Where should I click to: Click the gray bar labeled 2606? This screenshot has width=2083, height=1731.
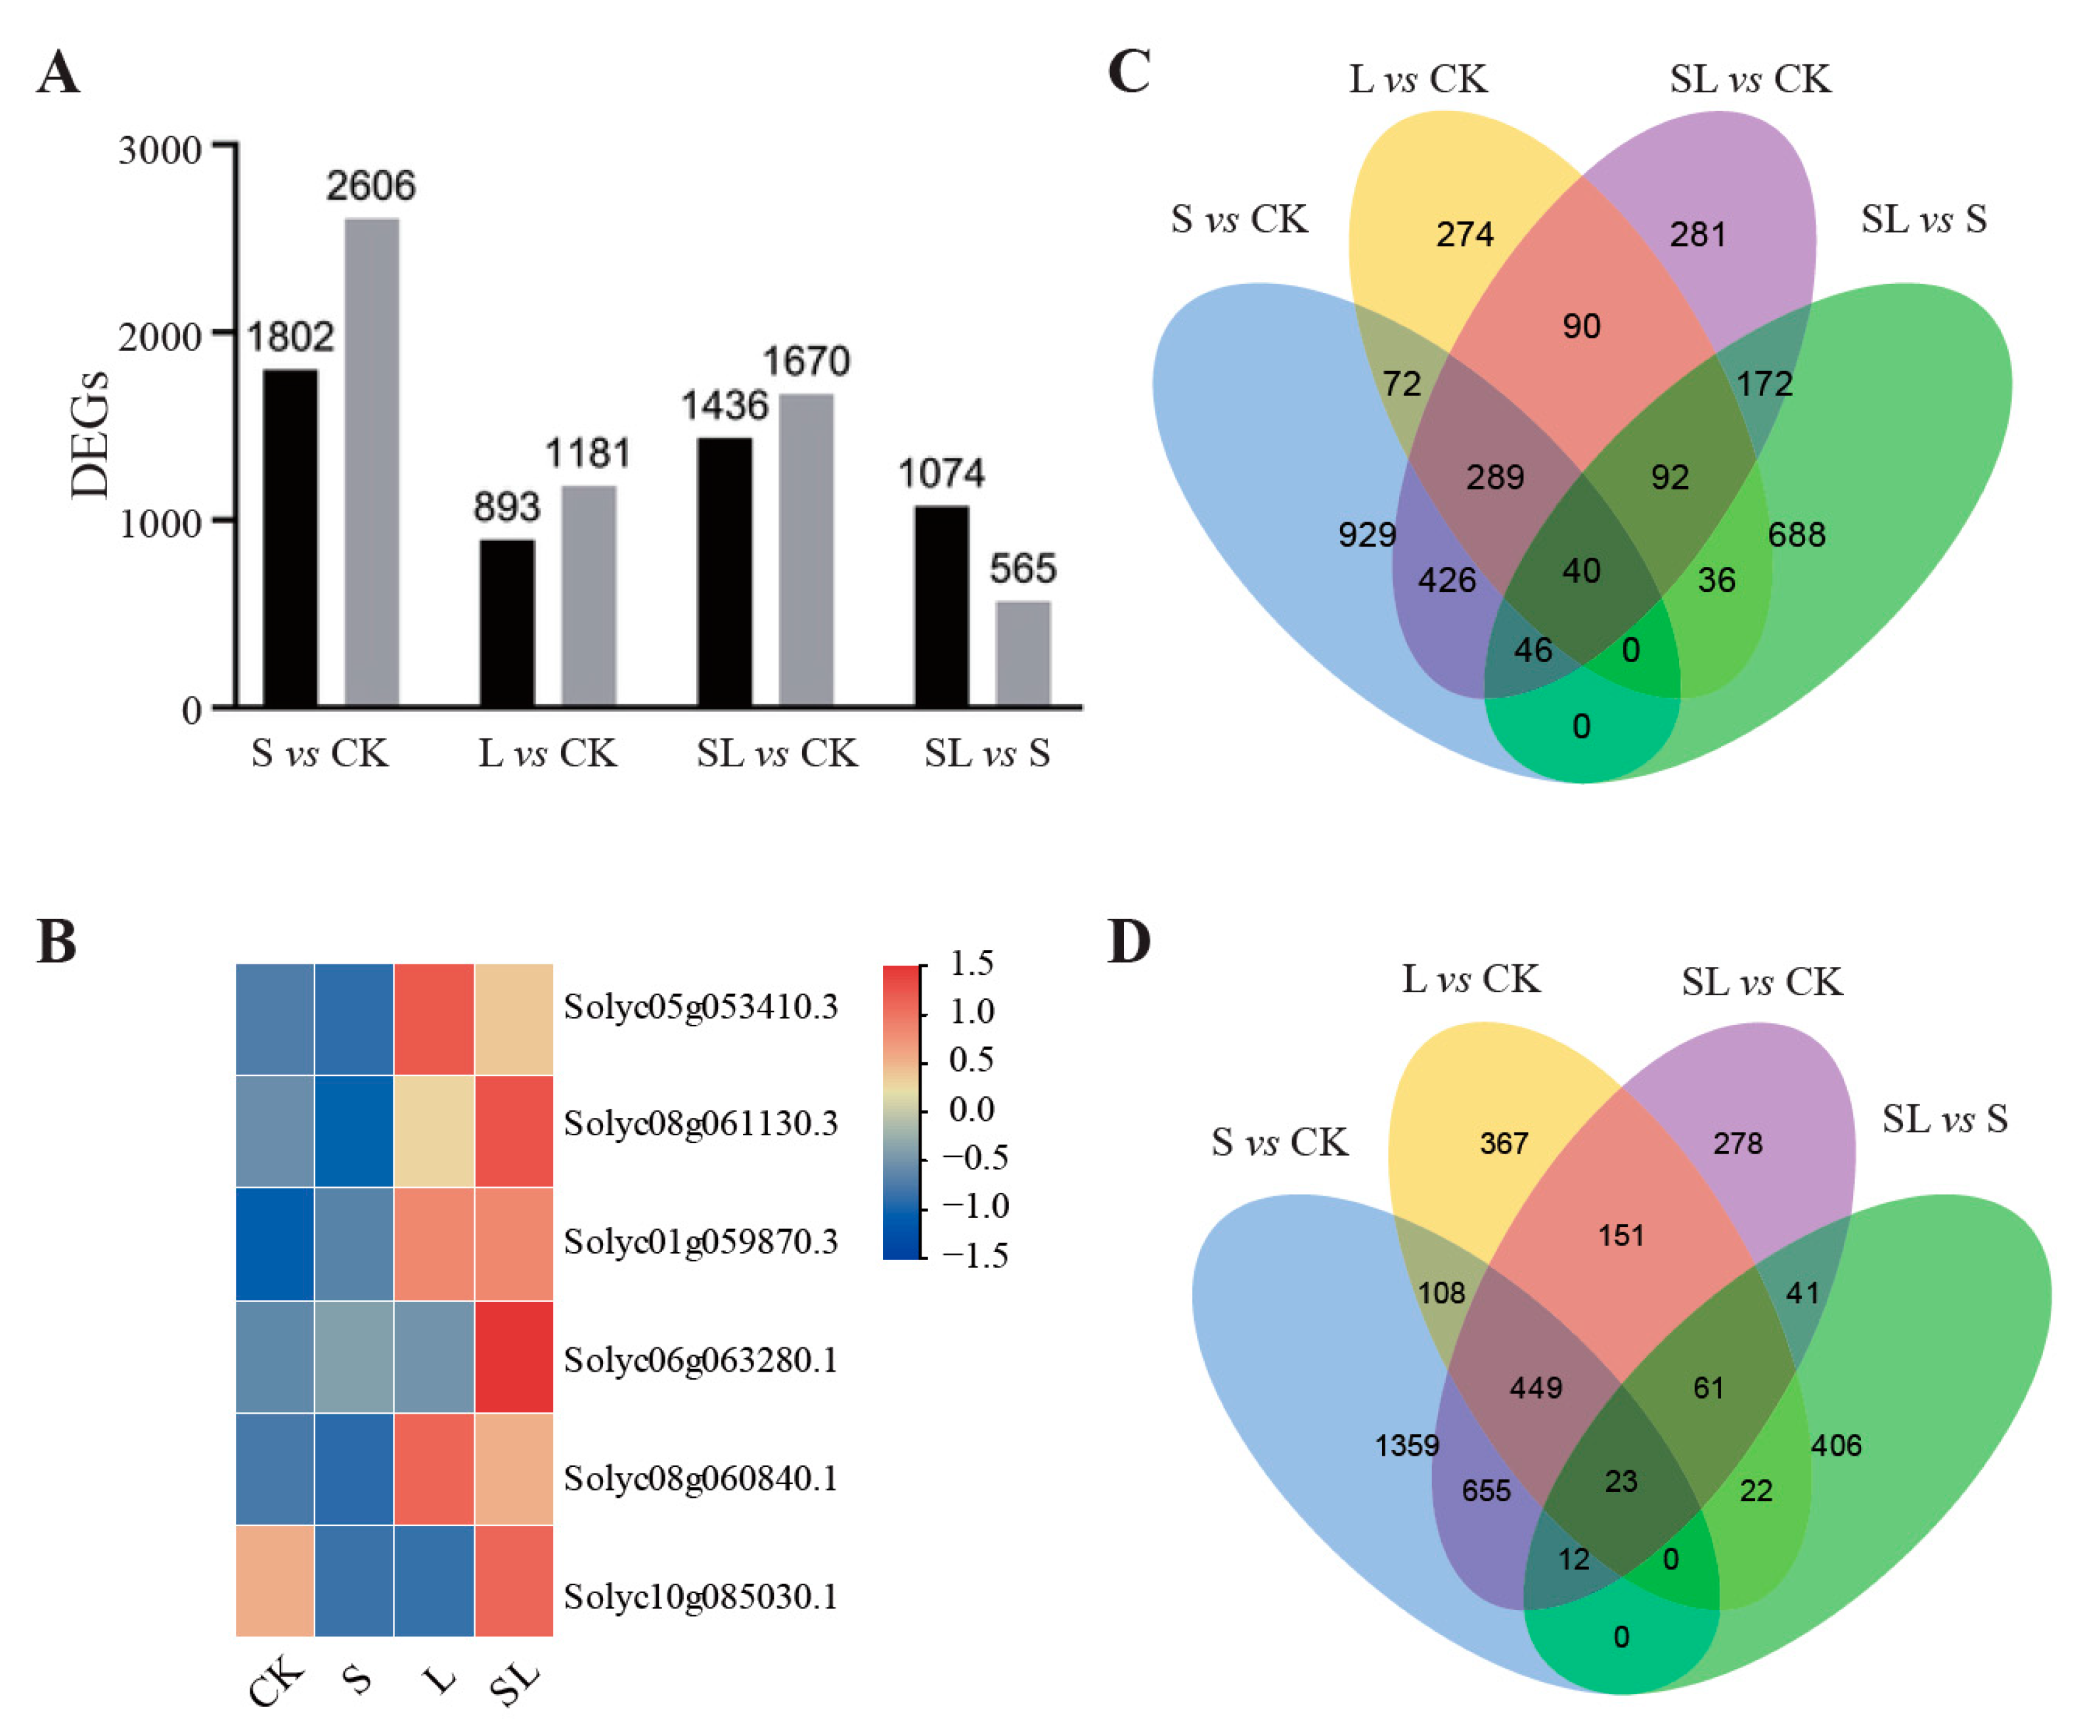coord(371,461)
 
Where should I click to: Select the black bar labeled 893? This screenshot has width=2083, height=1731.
coord(507,622)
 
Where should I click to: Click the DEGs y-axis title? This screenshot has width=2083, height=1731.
coord(90,434)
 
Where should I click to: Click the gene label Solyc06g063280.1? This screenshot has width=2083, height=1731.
coord(700,1360)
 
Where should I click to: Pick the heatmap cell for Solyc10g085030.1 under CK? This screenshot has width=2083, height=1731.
coord(275,1579)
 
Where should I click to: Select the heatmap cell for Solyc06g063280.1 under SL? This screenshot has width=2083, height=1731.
coord(514,1356)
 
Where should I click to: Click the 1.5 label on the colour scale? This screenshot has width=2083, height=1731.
coord(971,963)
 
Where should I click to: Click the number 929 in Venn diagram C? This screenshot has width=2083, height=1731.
coord(1367,535)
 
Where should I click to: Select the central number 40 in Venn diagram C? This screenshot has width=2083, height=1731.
coord(1581,570)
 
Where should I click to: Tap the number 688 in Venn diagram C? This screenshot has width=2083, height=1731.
coord(1797,535)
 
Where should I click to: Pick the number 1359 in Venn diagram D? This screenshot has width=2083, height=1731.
coord(1406,1445)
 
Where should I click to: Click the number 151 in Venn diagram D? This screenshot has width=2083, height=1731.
coord(1621,1235)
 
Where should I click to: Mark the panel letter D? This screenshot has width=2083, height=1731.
coord(1129,941)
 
